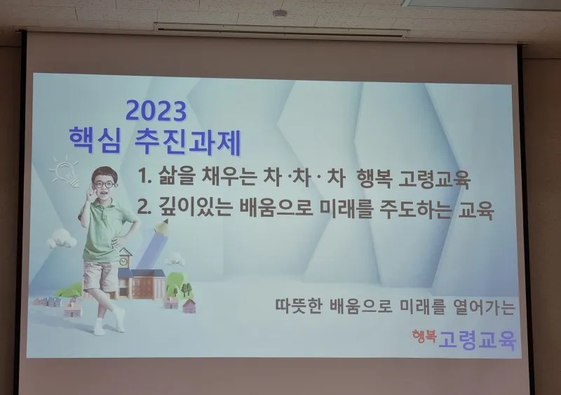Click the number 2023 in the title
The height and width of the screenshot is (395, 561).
(x=156, y=111)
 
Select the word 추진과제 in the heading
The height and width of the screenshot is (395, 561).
(x=187, y=142)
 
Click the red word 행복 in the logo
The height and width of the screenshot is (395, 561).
(x=424, y=336)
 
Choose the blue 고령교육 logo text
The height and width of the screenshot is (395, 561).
(x=478, y=340)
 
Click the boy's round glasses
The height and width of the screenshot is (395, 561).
(x=104, y=185)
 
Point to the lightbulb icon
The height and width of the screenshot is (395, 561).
(x=65, y=171)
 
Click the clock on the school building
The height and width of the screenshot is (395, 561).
(x=123, y=262)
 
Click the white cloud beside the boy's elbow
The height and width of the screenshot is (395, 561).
(x=61, y=239)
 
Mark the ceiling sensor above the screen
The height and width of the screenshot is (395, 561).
(x=280, y=14)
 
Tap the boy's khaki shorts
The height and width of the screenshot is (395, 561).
(x=100, y=275)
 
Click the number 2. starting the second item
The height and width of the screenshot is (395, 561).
(x=143, y=207)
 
